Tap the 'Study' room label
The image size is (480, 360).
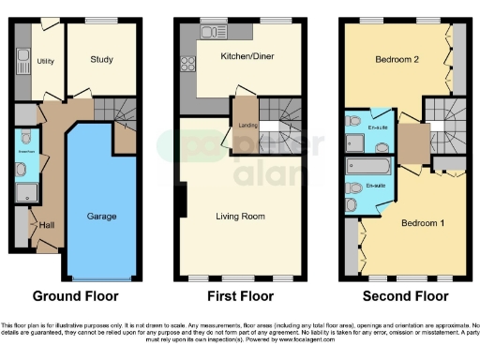[102, 61]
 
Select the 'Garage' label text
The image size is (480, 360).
[101, 217]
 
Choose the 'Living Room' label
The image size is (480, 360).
[237, 217]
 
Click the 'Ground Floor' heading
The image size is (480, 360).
[76, 297]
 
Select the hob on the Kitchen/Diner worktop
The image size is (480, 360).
[187, 66]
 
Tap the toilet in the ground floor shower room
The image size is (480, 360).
[22, 170]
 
